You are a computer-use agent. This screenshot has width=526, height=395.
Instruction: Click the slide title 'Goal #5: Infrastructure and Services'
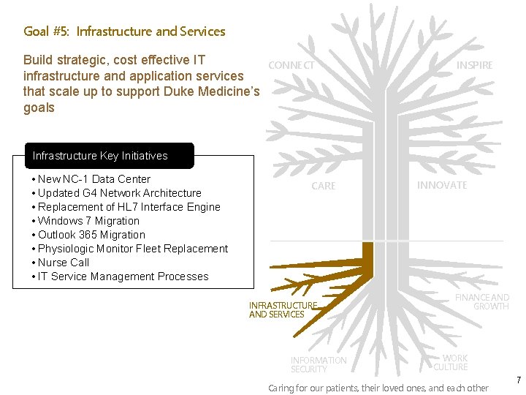pyautogui.click(x=124, y=31)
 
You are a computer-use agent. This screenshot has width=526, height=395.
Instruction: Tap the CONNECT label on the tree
pyautogui.click(x=291, y=65)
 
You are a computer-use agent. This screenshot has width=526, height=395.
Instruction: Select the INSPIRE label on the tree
pyautogui.click(x=475, y=65)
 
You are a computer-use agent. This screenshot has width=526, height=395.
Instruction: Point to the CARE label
pyautogui.click(x=324, y=186)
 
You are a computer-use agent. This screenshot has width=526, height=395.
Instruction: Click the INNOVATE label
pyautogui.click(x=442, y=185)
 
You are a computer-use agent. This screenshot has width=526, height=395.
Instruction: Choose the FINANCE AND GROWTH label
pyautogui.click(x=482, y=301)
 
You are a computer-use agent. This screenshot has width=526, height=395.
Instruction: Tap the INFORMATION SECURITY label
pyautogui.click(x=319, y=364)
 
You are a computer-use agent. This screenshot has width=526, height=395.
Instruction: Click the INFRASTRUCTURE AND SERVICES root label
pyautogui.click(x=283, y=309)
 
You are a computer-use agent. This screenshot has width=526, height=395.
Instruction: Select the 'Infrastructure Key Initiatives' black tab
pyautogui.click(x=101, y=156)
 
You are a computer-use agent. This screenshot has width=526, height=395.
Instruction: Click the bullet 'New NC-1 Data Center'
pyautogui.click(x=94, y=179)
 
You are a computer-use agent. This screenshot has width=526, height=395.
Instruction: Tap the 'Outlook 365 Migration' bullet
pyautogui.click(x=91, y=235)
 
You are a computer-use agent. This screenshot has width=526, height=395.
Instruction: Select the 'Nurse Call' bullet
pyautogui.click(x=64, y=263)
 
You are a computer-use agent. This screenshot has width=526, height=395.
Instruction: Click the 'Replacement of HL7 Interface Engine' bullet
pyautogui.click(x=129, y=207)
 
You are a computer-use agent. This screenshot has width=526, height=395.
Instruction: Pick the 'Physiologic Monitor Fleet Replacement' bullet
pyautogui.click(x=132, y=249)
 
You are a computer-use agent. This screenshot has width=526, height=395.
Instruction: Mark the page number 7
pyautogui.click(x=518, y=380)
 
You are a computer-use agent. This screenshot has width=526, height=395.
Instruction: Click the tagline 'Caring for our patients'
pyautogui.click(x=378, y=388)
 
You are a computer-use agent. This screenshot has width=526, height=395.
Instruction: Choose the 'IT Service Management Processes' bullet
pyautogui.click(x=123, y=276)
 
